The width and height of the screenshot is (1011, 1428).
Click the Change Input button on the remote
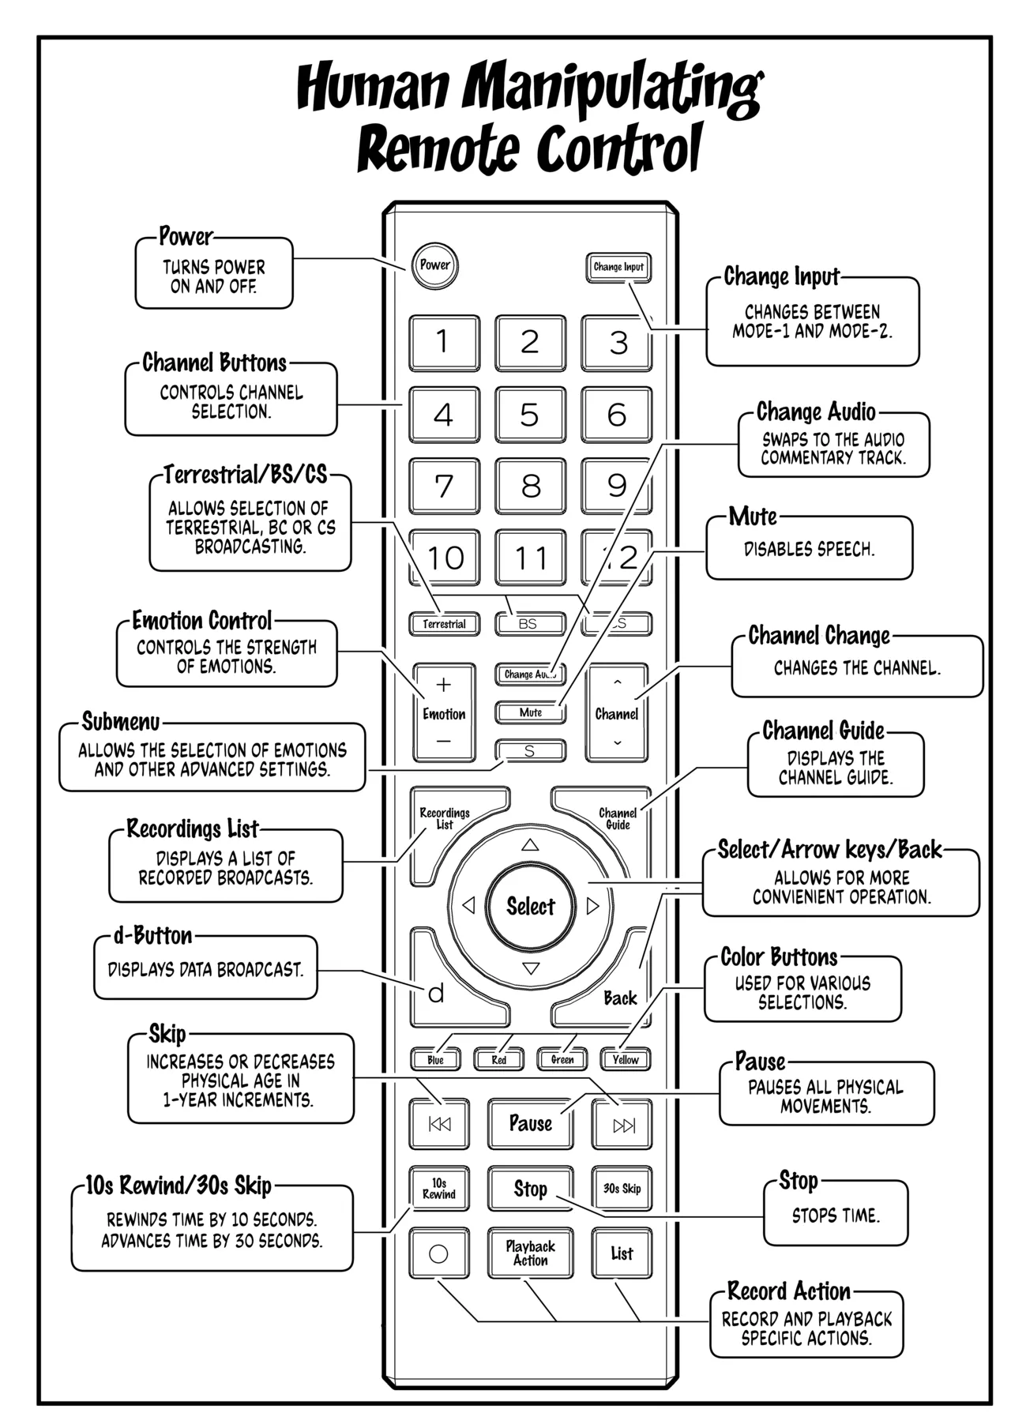click(618, 267)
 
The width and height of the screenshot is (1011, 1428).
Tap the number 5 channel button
click(530, 415)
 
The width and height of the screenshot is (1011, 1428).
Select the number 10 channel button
click(444, 558)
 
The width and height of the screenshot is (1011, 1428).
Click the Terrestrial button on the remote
click(444, 624)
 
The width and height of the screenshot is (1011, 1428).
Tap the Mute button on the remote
click(530, 712)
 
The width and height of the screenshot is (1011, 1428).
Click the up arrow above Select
click(530, 845)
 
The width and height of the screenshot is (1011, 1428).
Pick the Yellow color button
click(625, 1060)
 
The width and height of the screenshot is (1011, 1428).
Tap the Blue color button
click(435, 1060)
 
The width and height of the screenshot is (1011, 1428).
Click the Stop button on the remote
click(530, 1189)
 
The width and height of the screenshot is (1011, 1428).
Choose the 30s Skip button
click(622, 1189)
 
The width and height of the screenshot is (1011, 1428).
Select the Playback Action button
click(530, 1253)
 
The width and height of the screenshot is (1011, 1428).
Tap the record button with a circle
click(438, 1253)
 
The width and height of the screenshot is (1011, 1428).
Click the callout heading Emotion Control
click(202, 621)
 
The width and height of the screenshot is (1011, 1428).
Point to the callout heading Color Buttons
click(779, 957)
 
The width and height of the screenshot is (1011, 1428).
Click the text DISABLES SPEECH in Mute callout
click(809, 550)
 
